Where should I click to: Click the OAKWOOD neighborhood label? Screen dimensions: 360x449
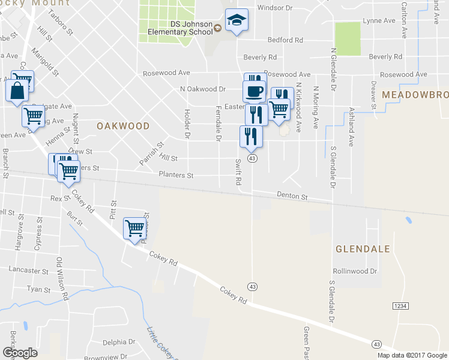pos(122,126)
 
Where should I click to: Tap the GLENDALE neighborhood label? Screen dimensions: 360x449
pos(363,248)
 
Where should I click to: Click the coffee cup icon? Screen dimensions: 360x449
pos(254,91)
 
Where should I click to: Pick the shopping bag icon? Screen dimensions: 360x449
pos(16,91)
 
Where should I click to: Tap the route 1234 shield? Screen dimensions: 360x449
pos(400,306)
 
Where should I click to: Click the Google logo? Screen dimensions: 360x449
pos(20,352)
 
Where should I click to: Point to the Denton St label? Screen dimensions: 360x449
pos(292,196)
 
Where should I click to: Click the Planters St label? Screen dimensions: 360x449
pos(176,175)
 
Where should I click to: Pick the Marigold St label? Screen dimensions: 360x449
pos(46,61)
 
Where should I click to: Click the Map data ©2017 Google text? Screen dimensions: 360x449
pos(411,355)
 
